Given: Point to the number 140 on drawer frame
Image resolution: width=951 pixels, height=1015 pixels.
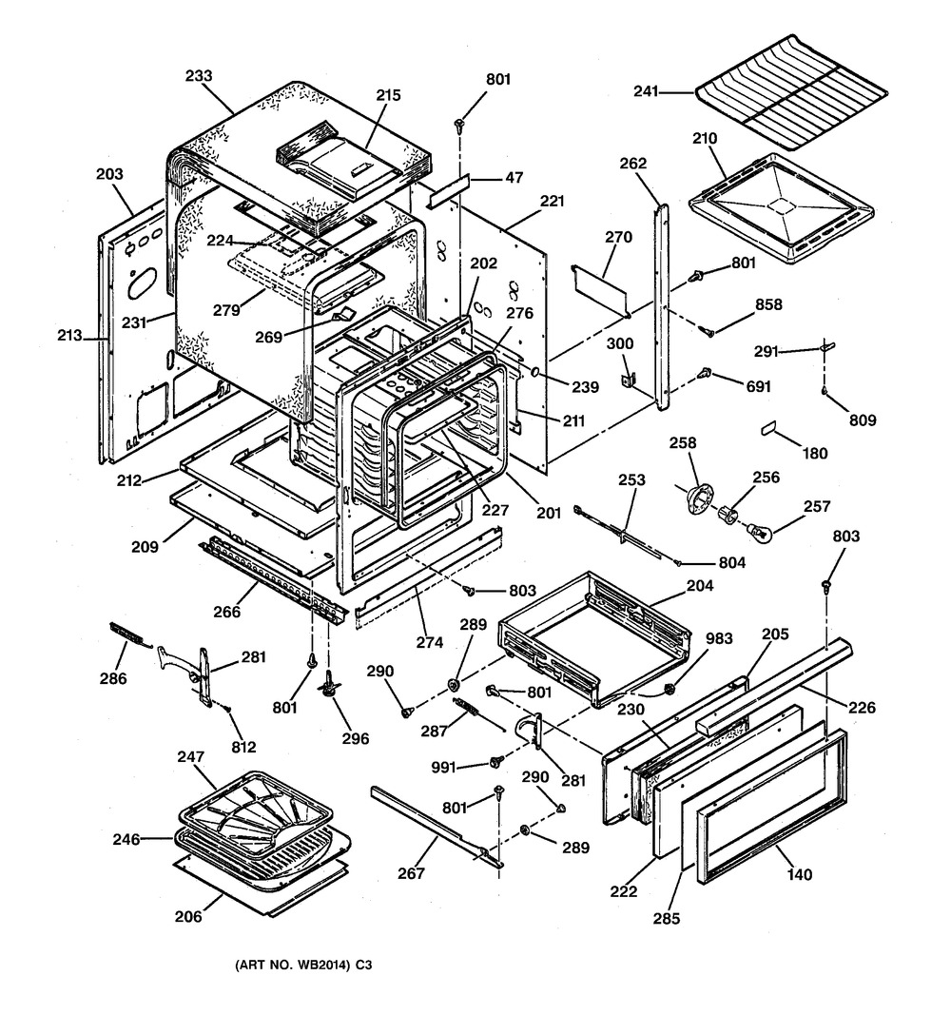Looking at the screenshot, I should [800, 874].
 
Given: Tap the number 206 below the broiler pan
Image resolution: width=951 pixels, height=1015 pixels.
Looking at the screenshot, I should [189, 917].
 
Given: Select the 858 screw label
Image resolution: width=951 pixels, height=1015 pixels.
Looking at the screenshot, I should [768, 305].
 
